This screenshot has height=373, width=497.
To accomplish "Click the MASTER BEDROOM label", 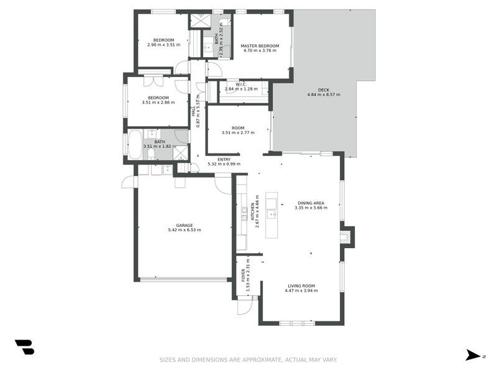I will [x=260, y=46].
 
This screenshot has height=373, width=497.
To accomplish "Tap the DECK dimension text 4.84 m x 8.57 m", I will [x=324, y=95].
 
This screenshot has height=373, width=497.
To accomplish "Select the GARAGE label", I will [x=184, y=225].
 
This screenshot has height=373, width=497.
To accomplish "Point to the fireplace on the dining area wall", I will [x=347, y=236].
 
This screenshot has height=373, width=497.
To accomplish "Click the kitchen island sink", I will [x=271, y=214].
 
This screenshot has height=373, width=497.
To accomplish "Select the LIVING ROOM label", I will [x=301, y=286].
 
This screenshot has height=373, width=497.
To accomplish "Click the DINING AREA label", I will [x=311, y=203].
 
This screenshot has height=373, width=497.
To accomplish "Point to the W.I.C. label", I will [x=242, y=85].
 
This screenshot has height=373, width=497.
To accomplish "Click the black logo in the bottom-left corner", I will [x=24, y=347].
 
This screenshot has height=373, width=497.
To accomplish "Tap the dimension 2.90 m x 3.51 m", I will [x=163, y=45].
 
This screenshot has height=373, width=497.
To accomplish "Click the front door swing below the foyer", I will [x=244, y=305].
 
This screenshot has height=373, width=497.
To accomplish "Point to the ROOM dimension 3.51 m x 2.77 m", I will [x=238, y=132].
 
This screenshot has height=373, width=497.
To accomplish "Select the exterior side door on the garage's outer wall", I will [x=128, y=182].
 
